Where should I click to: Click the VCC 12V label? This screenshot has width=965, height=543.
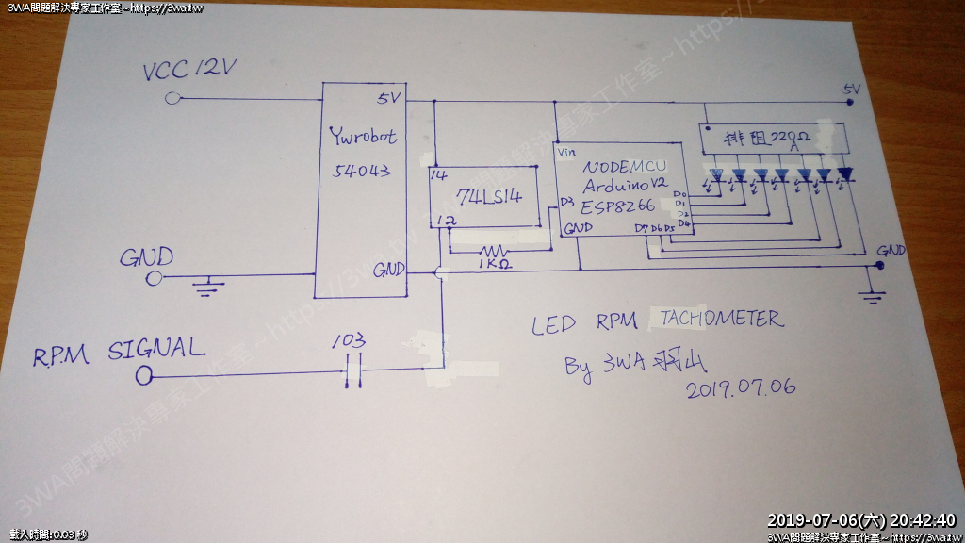click(188, 70)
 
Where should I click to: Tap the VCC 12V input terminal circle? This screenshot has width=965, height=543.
click(172, 98)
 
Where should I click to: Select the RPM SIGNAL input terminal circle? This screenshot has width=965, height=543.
click(143, 376)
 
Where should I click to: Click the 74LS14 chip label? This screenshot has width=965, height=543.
click(488, 198)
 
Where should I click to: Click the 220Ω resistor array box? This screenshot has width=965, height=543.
click(773, 140)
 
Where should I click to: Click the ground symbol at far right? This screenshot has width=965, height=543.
click(875, 295)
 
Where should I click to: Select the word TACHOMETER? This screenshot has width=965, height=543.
click(721, 318)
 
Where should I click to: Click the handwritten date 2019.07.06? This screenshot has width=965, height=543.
click(742, 387)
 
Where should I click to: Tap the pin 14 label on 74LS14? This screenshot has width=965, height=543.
click(437, 175)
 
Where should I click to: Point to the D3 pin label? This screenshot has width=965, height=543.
click(565, 202)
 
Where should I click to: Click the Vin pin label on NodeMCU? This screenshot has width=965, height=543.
click(566, 152)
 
